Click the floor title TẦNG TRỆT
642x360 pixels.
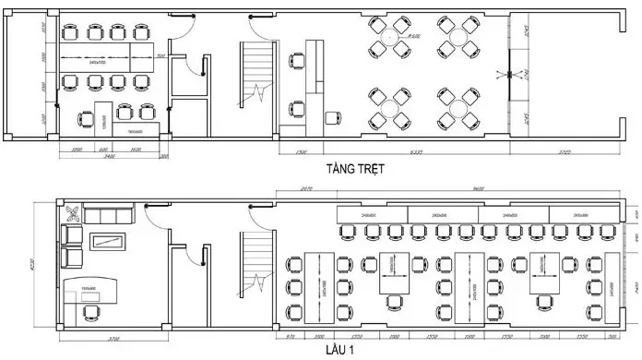354,170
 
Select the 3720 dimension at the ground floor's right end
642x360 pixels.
565,151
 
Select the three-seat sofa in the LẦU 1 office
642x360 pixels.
111,216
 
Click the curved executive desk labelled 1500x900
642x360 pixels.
90,290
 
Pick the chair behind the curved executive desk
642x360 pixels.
90,313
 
